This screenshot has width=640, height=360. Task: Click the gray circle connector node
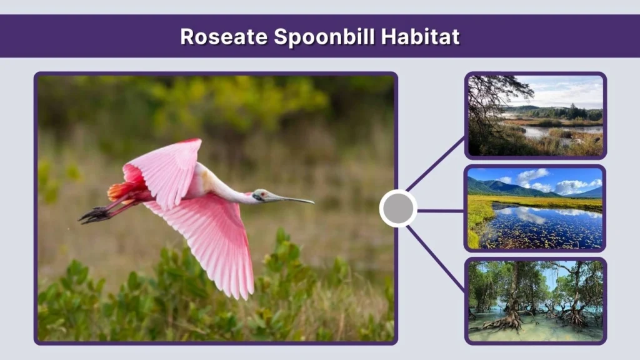[x=398, y=209]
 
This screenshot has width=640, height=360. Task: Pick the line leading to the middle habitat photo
[x=441, y=211]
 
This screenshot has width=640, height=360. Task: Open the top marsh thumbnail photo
[x=536, y=116]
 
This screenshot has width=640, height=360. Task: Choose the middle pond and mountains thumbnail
[x=536, y=208]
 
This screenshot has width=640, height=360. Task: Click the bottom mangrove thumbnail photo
[x=536, y=301]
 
